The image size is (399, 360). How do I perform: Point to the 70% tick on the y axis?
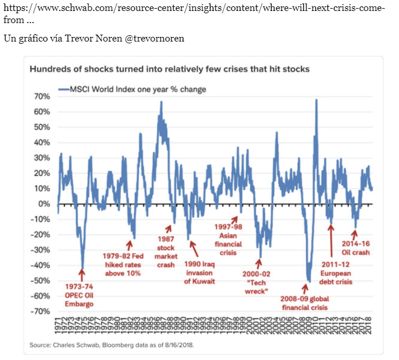42,96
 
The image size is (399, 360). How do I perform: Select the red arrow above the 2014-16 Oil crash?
355,234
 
